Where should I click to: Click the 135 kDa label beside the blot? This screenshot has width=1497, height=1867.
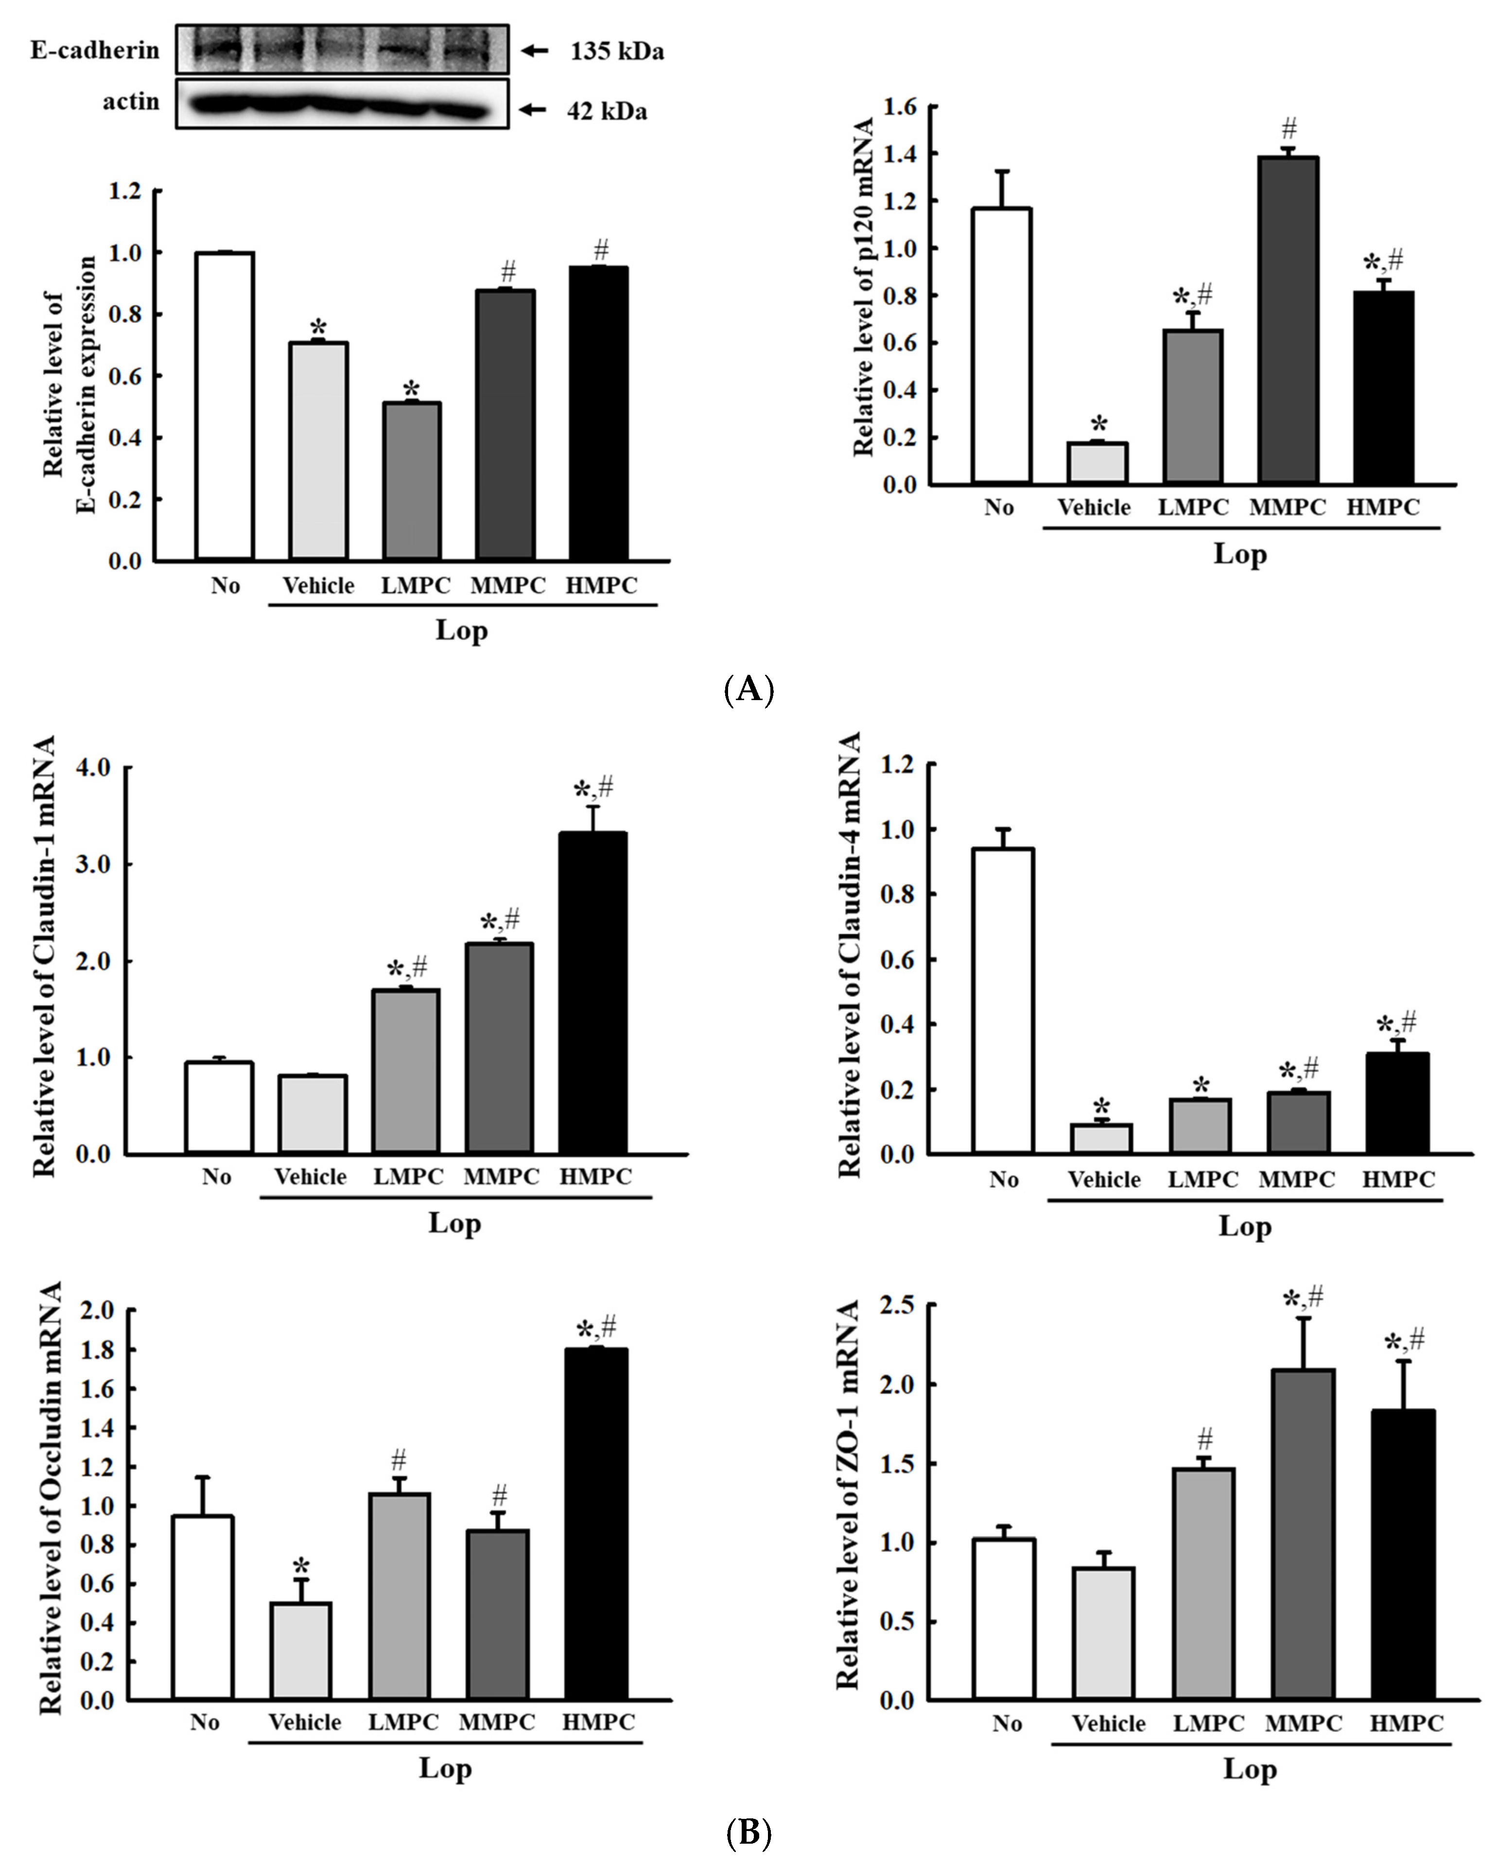(616, 52)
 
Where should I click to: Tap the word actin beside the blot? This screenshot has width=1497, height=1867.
(132, 102)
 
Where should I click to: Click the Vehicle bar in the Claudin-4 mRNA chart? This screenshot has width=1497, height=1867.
(1101, 1139)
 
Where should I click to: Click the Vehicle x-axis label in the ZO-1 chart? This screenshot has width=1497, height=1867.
(1108, 1723)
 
